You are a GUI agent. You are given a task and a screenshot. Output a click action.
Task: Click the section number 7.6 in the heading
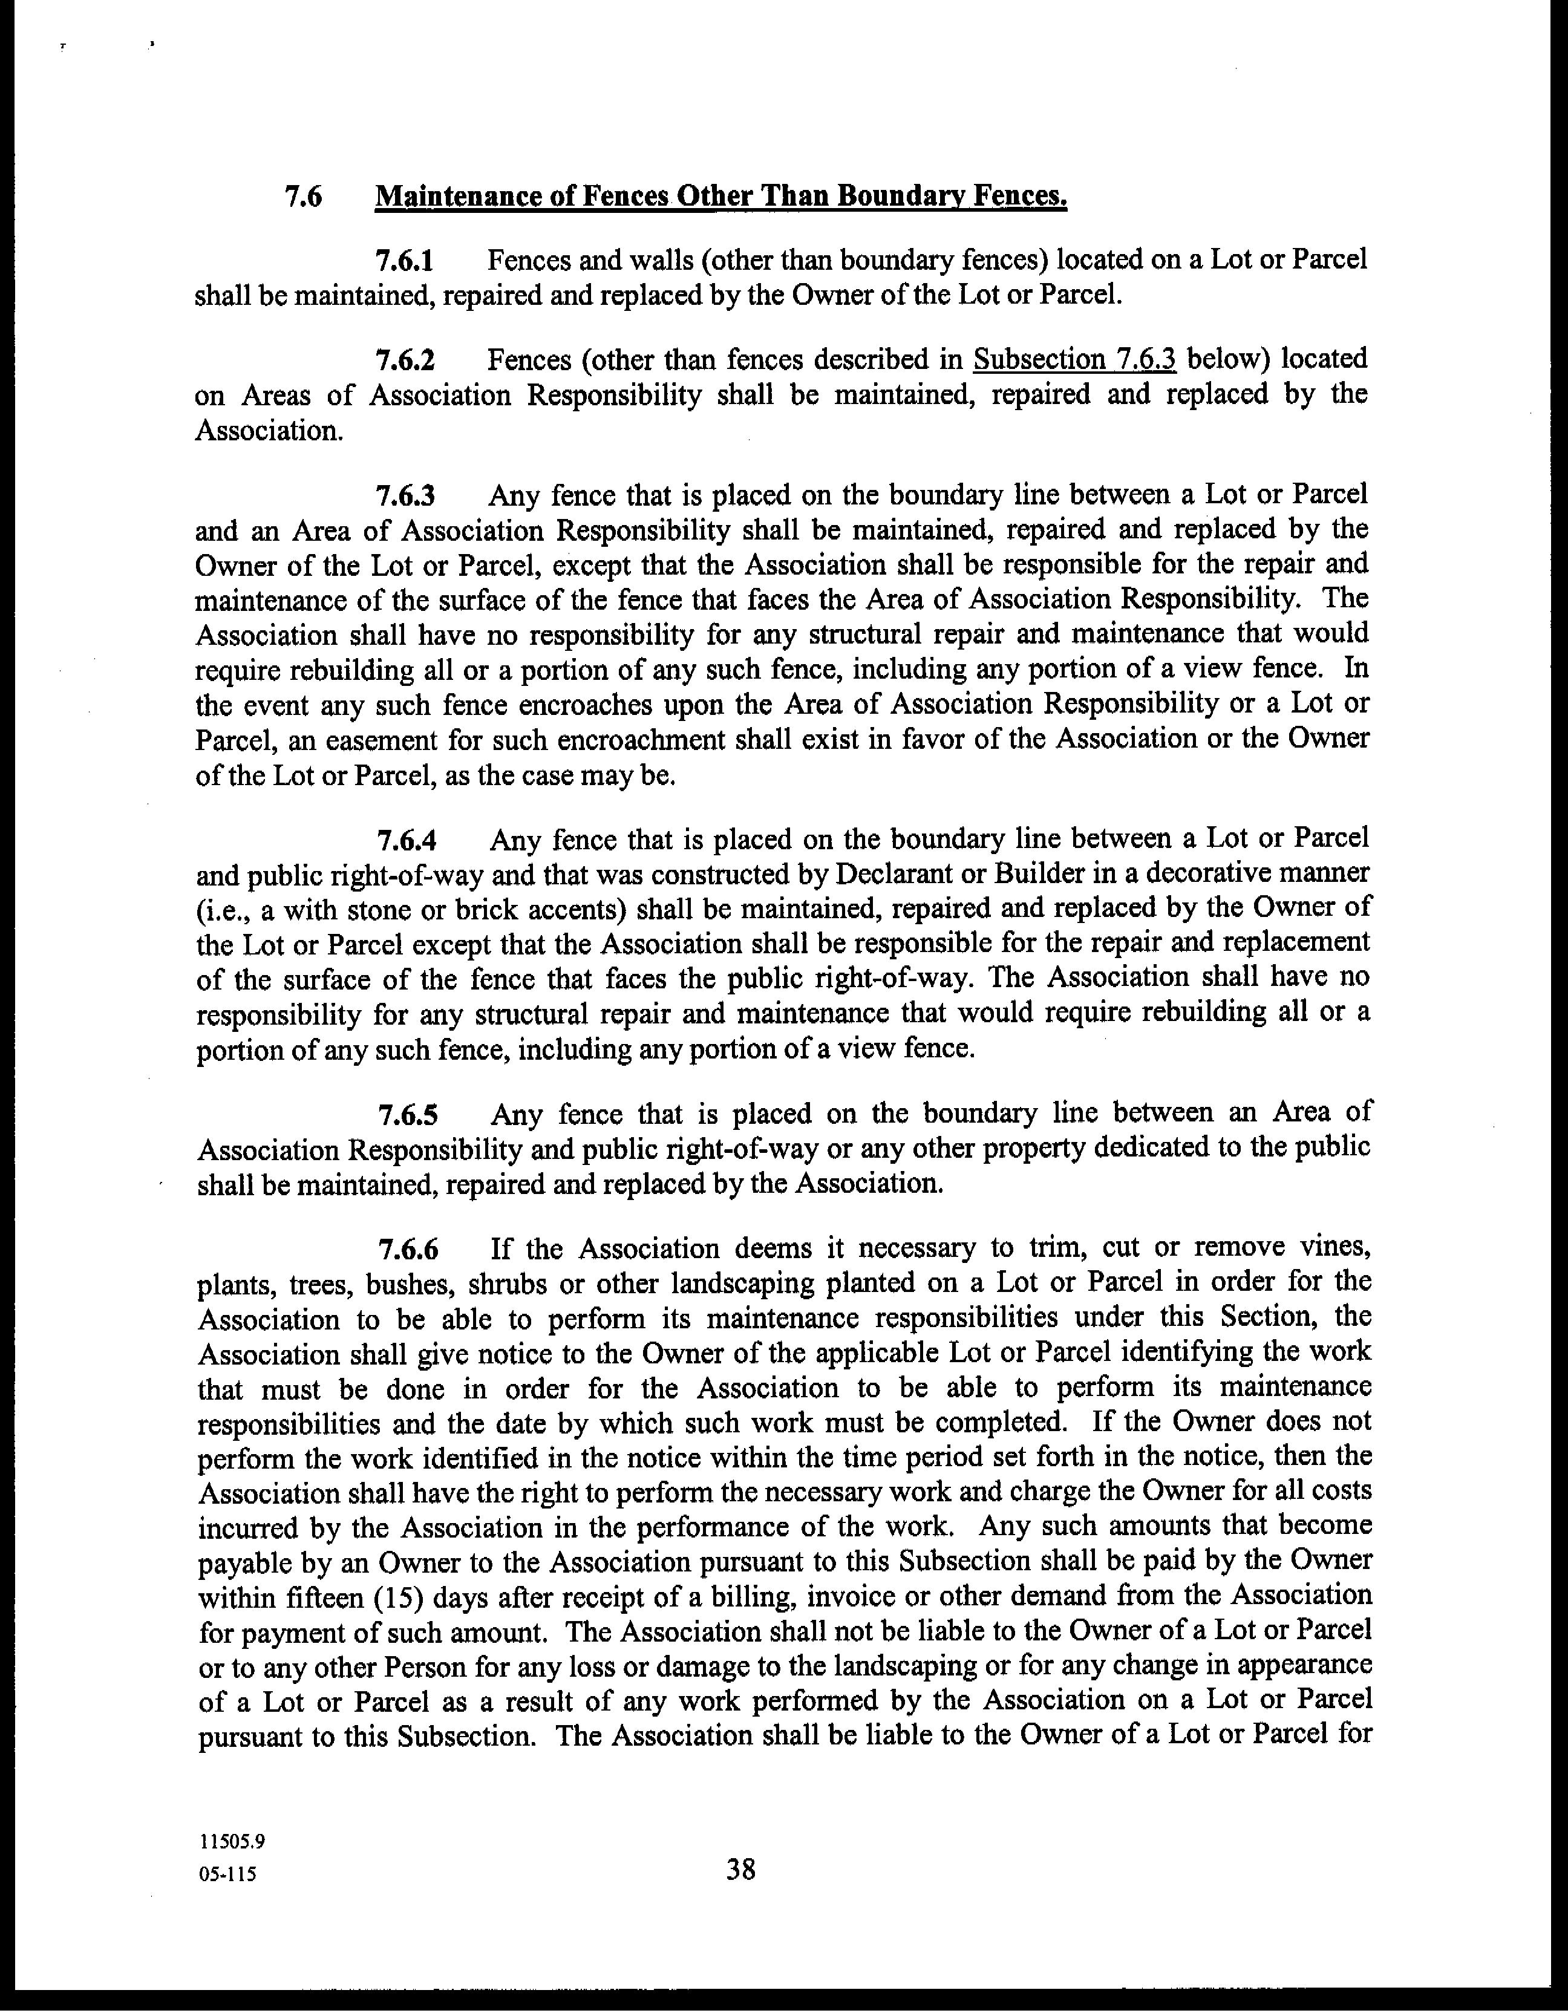point(303,197)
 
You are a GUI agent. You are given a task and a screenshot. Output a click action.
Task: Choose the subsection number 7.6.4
point(407,841)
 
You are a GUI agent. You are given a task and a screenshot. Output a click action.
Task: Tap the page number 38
point(740,1870)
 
